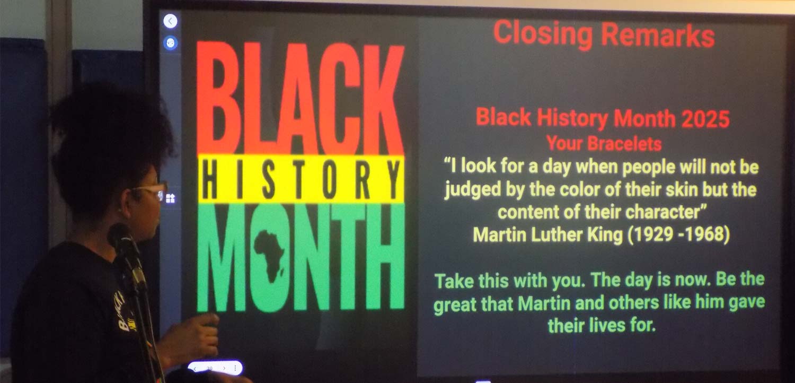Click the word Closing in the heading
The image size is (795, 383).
point(543,34)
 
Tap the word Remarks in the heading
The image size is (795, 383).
point(658,35)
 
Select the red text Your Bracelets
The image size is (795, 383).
point(604,144)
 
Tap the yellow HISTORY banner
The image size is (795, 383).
point(301,179)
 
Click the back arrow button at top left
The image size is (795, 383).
point(170,21)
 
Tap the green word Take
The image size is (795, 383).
point(454,281)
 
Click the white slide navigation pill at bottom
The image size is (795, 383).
point(215,368)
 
